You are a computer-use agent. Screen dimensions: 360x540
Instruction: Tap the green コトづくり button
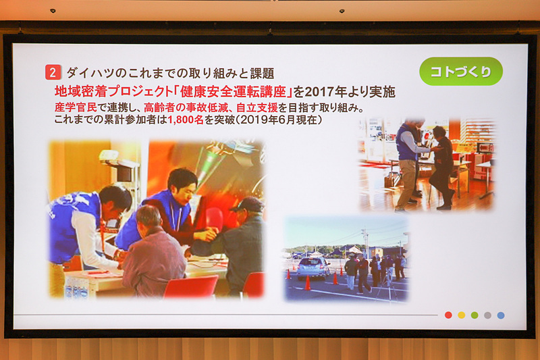tap(461, 72)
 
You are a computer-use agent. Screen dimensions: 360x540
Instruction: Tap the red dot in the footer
tap(448, 315)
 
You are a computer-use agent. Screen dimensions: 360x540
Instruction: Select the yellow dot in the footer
tap(461, 315)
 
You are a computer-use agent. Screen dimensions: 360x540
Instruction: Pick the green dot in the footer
tap(475, 315)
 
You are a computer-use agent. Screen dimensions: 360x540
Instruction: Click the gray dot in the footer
tap(487, 315)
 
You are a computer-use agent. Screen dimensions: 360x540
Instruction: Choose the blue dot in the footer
tap(501, 315)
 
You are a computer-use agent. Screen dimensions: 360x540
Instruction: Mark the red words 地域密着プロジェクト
tap(107, 90)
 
